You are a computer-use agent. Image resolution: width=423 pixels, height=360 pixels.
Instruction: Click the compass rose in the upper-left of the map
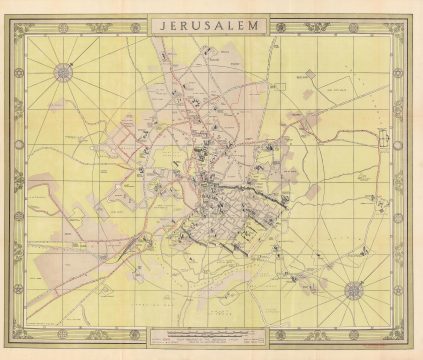pyautogui.click(x=63, y=72)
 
